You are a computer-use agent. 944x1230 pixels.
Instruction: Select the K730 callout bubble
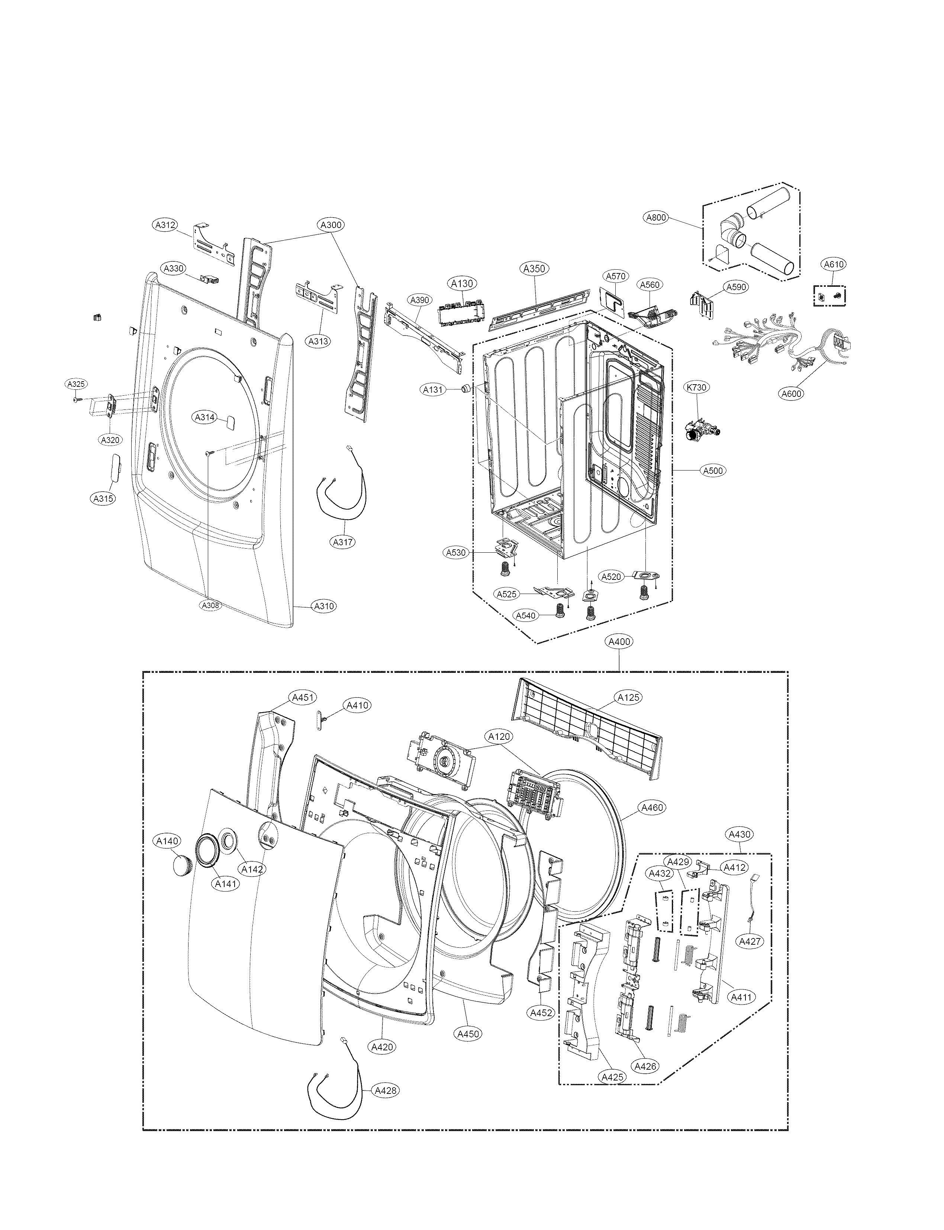(x=696, y=387)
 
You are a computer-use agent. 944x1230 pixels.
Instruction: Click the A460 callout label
(x=652, y=807)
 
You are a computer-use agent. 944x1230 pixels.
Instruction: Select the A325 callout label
(x=76, y=384)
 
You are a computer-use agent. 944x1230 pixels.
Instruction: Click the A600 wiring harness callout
(x=791, y=394)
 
